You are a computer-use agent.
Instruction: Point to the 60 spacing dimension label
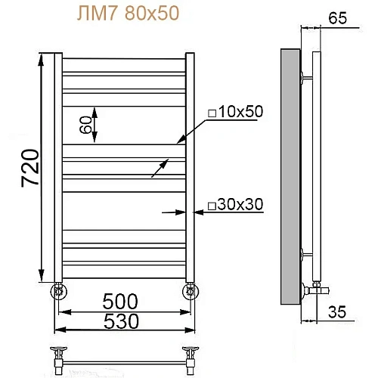pos(85,122)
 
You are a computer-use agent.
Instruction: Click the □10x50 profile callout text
pos(234,112)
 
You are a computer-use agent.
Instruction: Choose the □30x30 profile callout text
pos(234,204)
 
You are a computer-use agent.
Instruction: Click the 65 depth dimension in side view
pos(337,20)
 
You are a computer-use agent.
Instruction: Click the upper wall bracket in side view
pos(305,77)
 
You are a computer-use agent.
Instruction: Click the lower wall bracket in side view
pos(305,254)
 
